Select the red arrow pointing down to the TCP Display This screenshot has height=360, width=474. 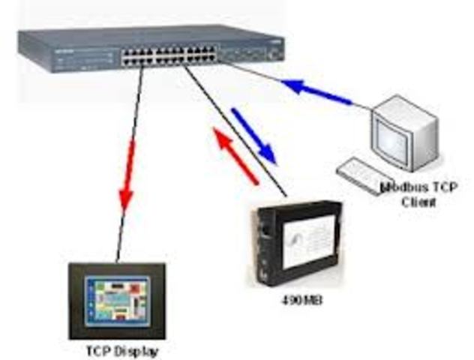point(128,173)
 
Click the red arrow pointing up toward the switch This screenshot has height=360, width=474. point(236,154)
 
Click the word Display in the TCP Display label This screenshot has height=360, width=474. point(142,350)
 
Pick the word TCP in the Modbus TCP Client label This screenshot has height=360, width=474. point(445,187)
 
